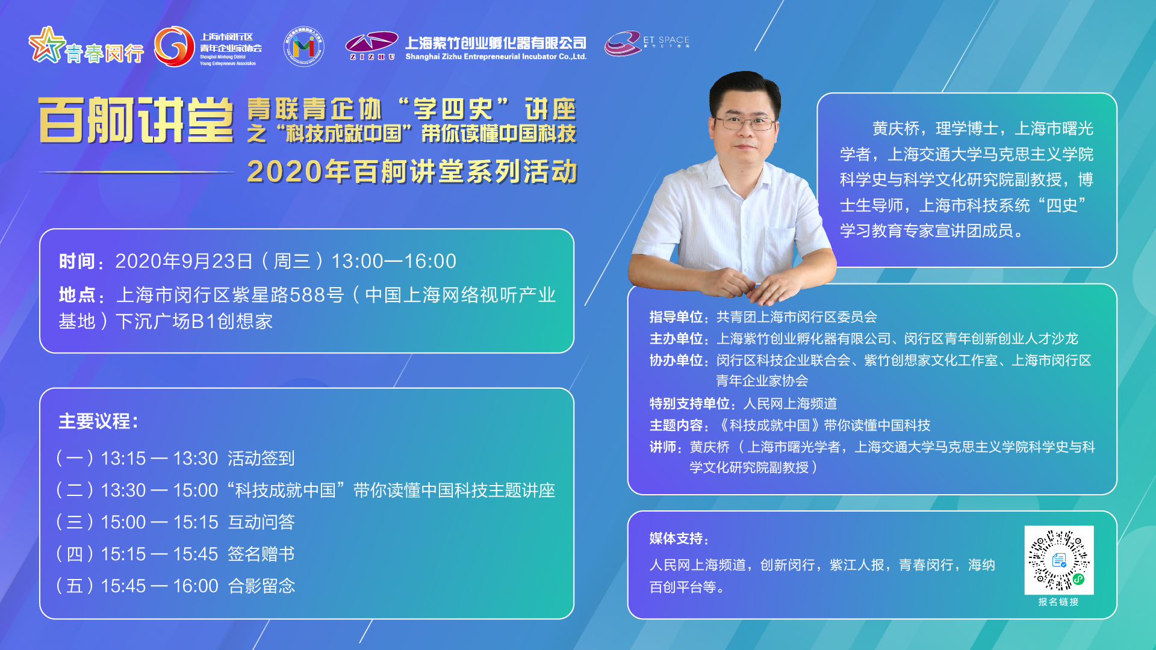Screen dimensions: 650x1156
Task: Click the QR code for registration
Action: point(1058,560)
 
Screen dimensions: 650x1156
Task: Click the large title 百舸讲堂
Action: point(136,120)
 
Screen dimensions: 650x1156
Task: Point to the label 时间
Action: point(77,262)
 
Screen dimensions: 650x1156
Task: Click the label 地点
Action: point(77,296)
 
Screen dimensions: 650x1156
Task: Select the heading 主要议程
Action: point(96,421)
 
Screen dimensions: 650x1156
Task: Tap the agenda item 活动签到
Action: point(261,459)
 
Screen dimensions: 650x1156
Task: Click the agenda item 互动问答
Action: point(261,522)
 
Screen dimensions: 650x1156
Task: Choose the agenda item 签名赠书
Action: point(261,554)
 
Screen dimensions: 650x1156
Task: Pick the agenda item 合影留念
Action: point(261,586)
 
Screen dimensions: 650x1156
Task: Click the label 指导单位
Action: point(677,317)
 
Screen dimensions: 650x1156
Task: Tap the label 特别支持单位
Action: point(690,404)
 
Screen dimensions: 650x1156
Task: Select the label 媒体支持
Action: point(676,539)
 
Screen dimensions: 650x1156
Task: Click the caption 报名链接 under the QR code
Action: point(1058,602)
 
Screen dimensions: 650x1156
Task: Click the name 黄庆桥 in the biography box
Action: point(896,129)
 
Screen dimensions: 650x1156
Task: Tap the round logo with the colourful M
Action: point(303,46)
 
